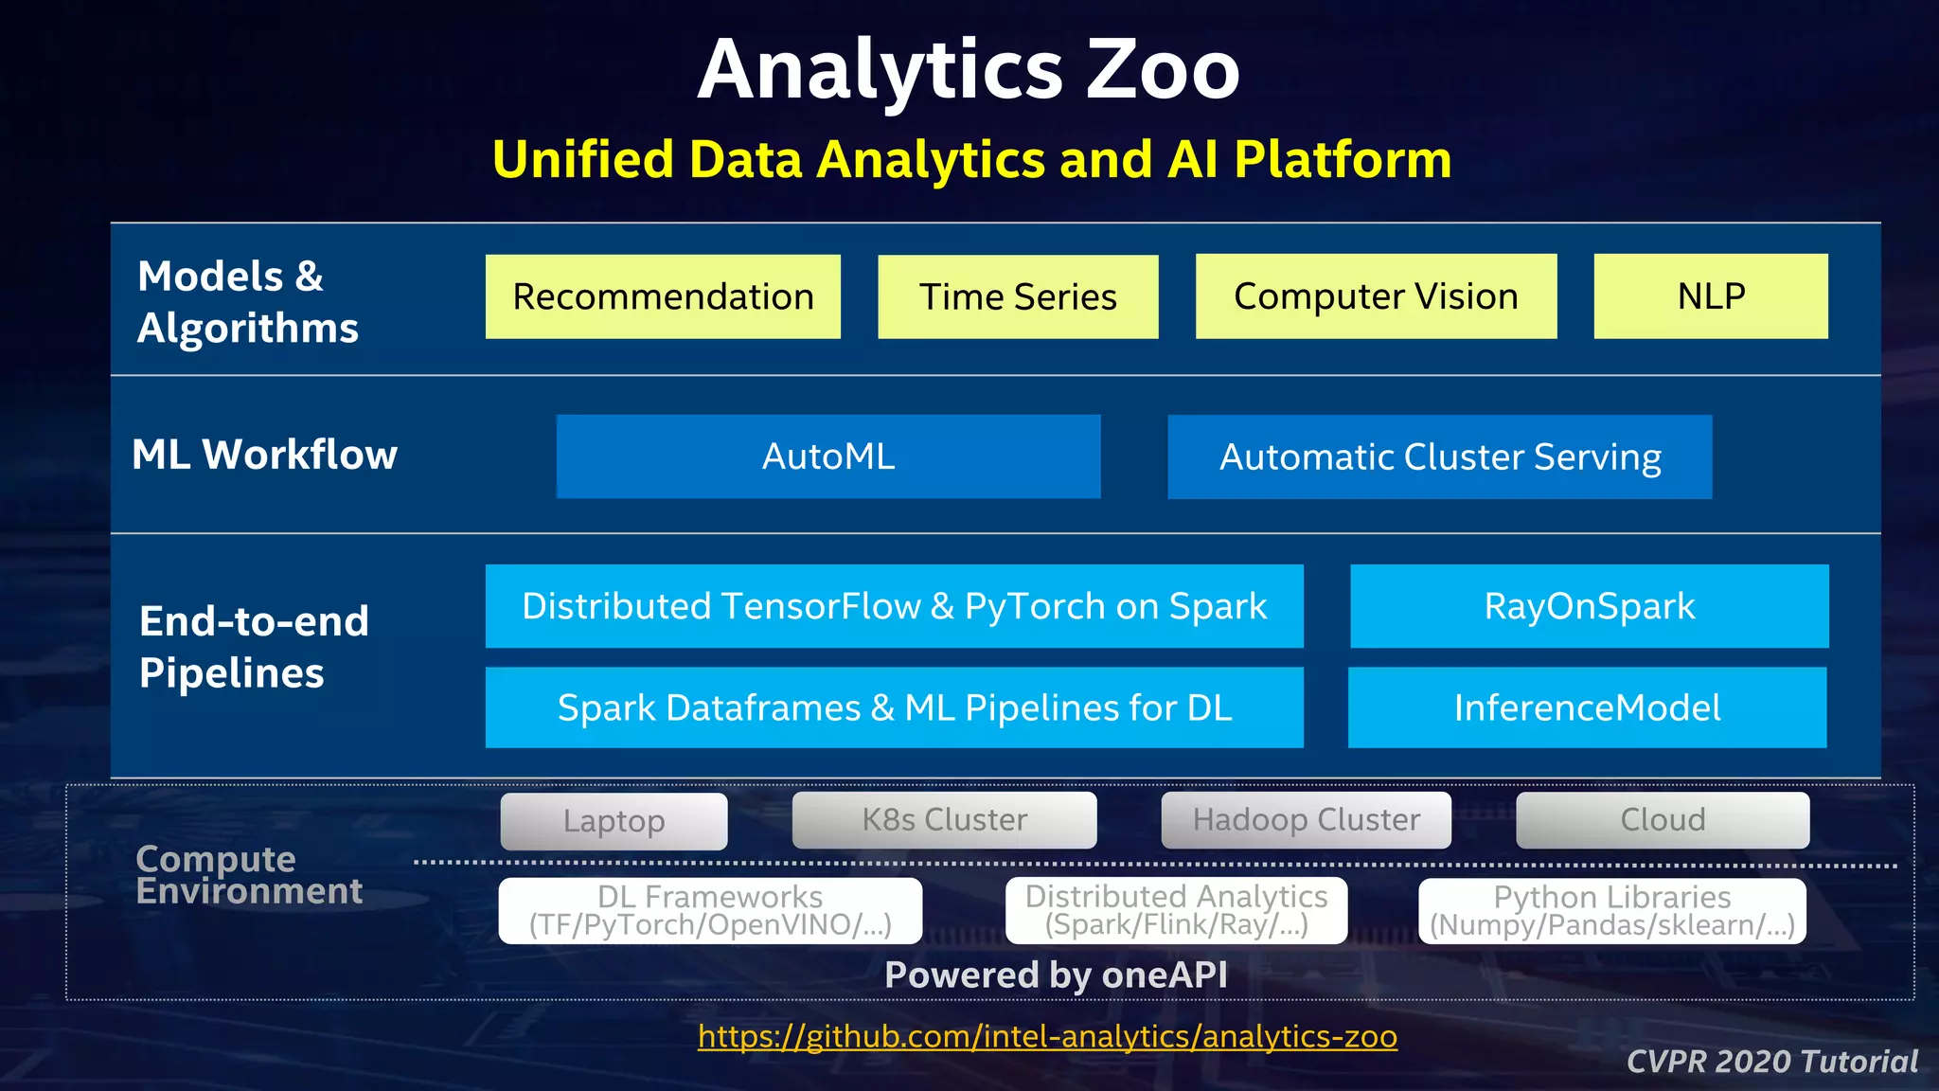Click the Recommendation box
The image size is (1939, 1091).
pyautogui.click(x=663, y=296)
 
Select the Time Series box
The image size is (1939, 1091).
pyautogui.click(x=1018, y=296)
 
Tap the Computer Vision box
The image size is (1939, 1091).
pyautogui.click(x=1376, y=296)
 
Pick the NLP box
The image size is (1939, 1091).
pyautogui.click(x=1711, y=296)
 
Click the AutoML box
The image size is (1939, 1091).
pyautogui.click(x=828, y=456)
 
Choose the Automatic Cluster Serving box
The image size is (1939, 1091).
pyautogui.click(x=1439, y=456)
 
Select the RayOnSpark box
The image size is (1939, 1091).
pyautogui.click(x=1589, y=606)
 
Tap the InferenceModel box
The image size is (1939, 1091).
pyautogui.click(x=1587, y=707)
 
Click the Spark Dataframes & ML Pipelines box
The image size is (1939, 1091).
pyautogui.click(x=894, y=707)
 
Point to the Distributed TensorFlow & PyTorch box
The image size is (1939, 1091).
pyautogui.click(x=894, y=606)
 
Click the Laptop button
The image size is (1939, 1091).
pyautogui.click(x=614, y=821)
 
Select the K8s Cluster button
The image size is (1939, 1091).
pyautogui.click(x=944, y=820)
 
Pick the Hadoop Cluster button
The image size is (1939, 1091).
pyautogui.click(x=1306, y=820)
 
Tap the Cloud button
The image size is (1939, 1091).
pyautogui.click(x=1663, y=820)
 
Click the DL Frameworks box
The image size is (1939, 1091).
pyautogui.click(x=710, y=910)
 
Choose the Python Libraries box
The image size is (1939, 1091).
pyautogui.click(x=1611, y=910)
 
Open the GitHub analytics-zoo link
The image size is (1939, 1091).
pyautogui.click(x=1047, y=1036)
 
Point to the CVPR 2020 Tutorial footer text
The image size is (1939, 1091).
pyautogui.click(x=1771, y=1062)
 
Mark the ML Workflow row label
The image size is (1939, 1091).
pyautogui.click(x=264, y=455)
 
